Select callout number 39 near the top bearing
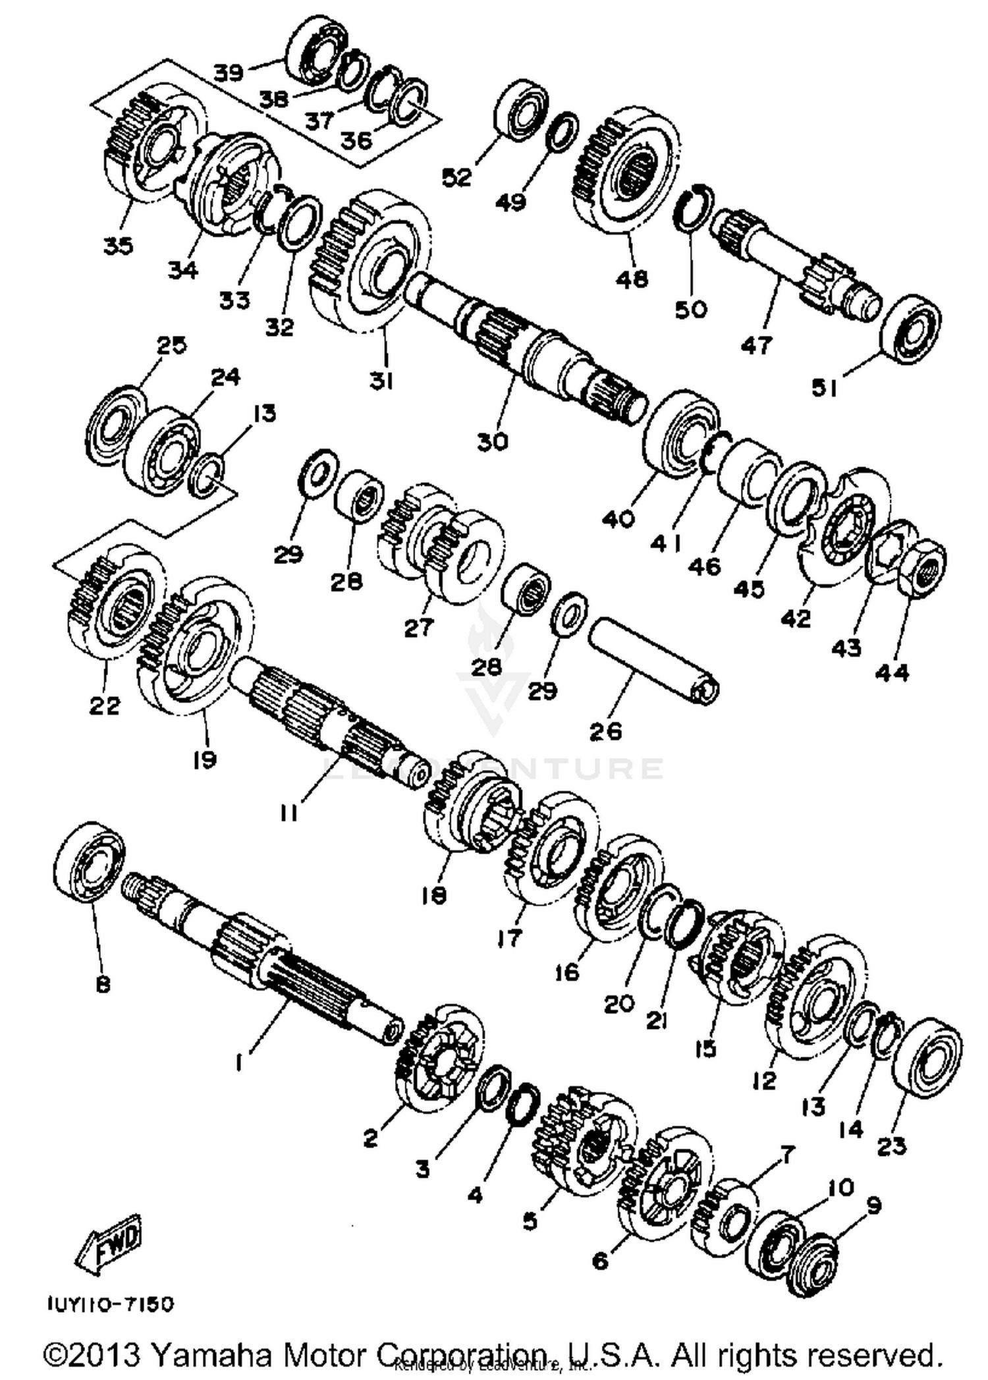pos(229,72)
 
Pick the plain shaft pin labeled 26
pos(652,659)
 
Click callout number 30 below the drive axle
pos(493,441)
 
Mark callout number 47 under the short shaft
pos(756,345)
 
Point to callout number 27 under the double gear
pos(419,627)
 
